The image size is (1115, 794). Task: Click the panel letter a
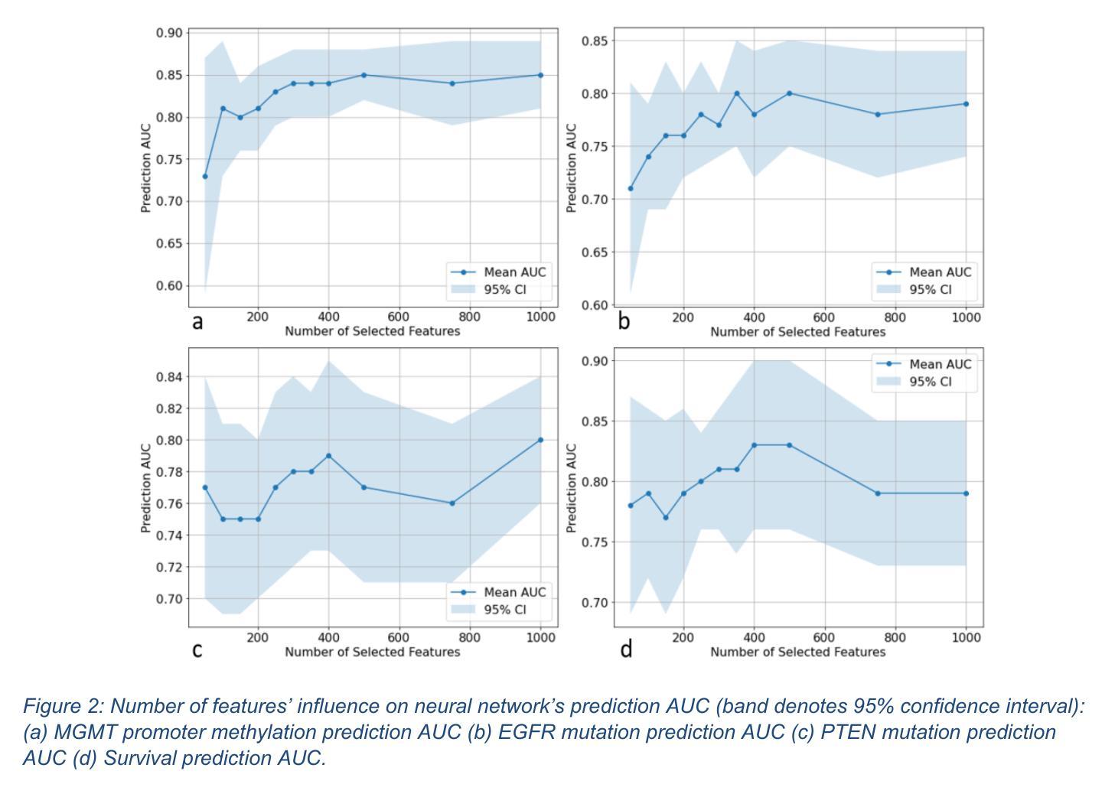coord(197,322)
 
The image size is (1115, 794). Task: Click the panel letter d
coord(626,649)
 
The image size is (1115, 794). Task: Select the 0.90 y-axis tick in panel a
coord(170,33)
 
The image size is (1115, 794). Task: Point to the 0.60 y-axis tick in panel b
coord(595,305)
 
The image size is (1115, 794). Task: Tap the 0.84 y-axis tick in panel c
coord(170,376)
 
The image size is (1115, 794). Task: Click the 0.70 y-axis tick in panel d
coord(595,603)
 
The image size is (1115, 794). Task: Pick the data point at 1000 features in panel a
coord(540,75)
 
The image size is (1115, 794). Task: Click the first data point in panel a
coord(204,177)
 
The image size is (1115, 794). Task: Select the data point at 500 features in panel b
coord(789,93)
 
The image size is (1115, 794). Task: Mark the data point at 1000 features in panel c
coord(540,440)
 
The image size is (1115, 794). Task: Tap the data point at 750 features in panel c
coord(452,503)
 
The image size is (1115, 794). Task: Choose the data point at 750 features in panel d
coord(878,493)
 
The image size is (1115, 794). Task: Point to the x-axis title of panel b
coord(797,332)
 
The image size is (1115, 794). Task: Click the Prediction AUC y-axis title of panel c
coord(145,487)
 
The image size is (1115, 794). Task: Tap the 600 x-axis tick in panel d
coord(824,637)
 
